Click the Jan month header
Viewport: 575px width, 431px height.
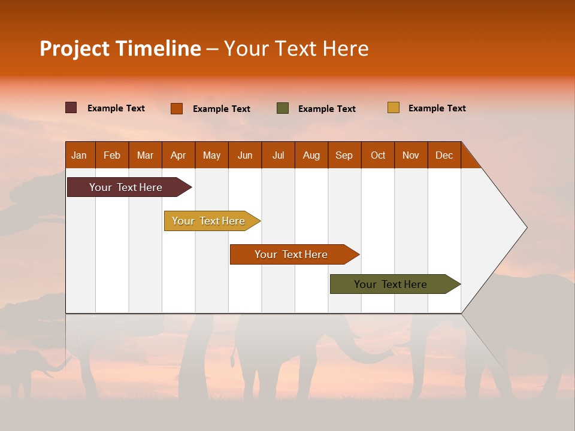pos(79,155)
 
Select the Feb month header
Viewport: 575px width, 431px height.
pos(112,155)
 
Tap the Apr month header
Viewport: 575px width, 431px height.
pos(178,155)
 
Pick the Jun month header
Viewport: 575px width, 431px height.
pos(245,155)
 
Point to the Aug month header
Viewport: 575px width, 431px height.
pos(311,155)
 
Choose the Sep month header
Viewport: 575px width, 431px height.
pos(344,155)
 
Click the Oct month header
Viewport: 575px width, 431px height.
pos(378,155)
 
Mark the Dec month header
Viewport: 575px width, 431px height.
pos(444,155)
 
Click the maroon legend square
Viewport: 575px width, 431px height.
pos(71,108)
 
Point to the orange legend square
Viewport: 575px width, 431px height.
pos(177,108)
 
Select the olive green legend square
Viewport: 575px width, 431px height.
pos(283,108)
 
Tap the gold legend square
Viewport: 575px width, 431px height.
pos(393,108)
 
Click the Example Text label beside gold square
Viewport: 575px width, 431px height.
pos(437,108)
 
